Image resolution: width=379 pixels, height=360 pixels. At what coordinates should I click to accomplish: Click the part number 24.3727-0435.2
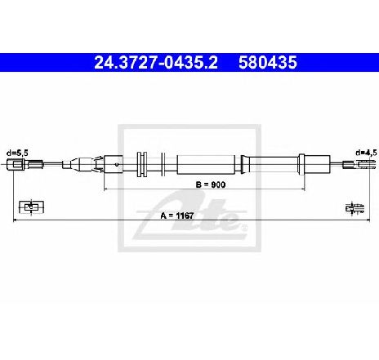[156, 62]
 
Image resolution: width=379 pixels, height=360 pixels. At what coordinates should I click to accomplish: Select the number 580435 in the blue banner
[268, 62]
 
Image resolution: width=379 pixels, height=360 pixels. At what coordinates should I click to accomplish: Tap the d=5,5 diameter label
[17, 153]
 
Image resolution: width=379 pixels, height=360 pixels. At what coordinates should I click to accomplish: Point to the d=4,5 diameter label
[366, 153]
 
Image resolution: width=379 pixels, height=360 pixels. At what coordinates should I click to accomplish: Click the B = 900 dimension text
[211, 184]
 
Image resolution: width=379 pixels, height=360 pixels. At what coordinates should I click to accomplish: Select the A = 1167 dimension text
[177, 216]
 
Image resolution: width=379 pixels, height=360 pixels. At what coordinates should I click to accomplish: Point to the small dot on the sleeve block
[117, 164]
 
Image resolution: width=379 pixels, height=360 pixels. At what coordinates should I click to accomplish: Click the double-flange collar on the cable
[142, 164]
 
